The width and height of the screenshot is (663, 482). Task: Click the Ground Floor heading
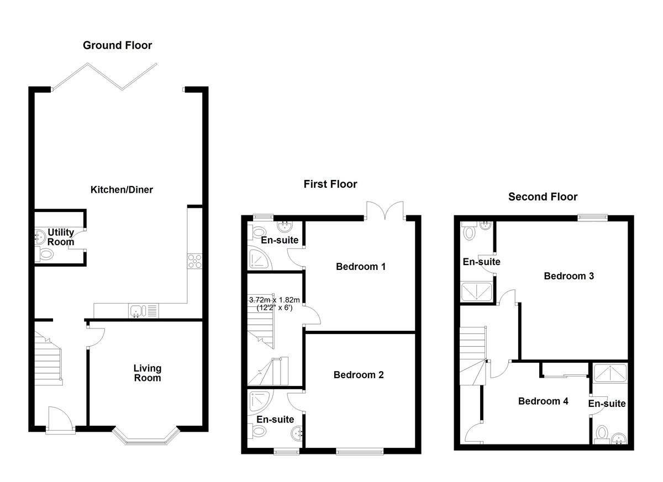(x=118, y=45)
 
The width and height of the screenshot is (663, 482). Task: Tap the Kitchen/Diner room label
(x=122, y=190)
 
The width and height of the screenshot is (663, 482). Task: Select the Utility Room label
(x=61, y=237)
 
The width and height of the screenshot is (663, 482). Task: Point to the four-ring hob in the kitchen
(x=194, y=261)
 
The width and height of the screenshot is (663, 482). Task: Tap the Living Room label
(x=148, y=373)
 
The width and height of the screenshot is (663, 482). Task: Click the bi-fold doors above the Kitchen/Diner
(x=105, y=76)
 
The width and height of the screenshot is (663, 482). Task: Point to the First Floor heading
(x=330, y=184)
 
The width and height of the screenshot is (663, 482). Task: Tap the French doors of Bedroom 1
(x=385, y=211)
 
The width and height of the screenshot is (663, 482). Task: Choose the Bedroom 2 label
(x=359, y=375)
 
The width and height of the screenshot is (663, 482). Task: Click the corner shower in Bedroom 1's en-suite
(x=259, y=258)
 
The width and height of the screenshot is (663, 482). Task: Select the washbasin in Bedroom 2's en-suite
(x=297, y=434)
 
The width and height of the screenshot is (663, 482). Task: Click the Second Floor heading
(x=543, y=197)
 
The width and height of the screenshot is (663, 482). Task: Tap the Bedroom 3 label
(x=569, y=276)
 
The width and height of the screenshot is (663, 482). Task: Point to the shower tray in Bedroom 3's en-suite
(x=477, y=292)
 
